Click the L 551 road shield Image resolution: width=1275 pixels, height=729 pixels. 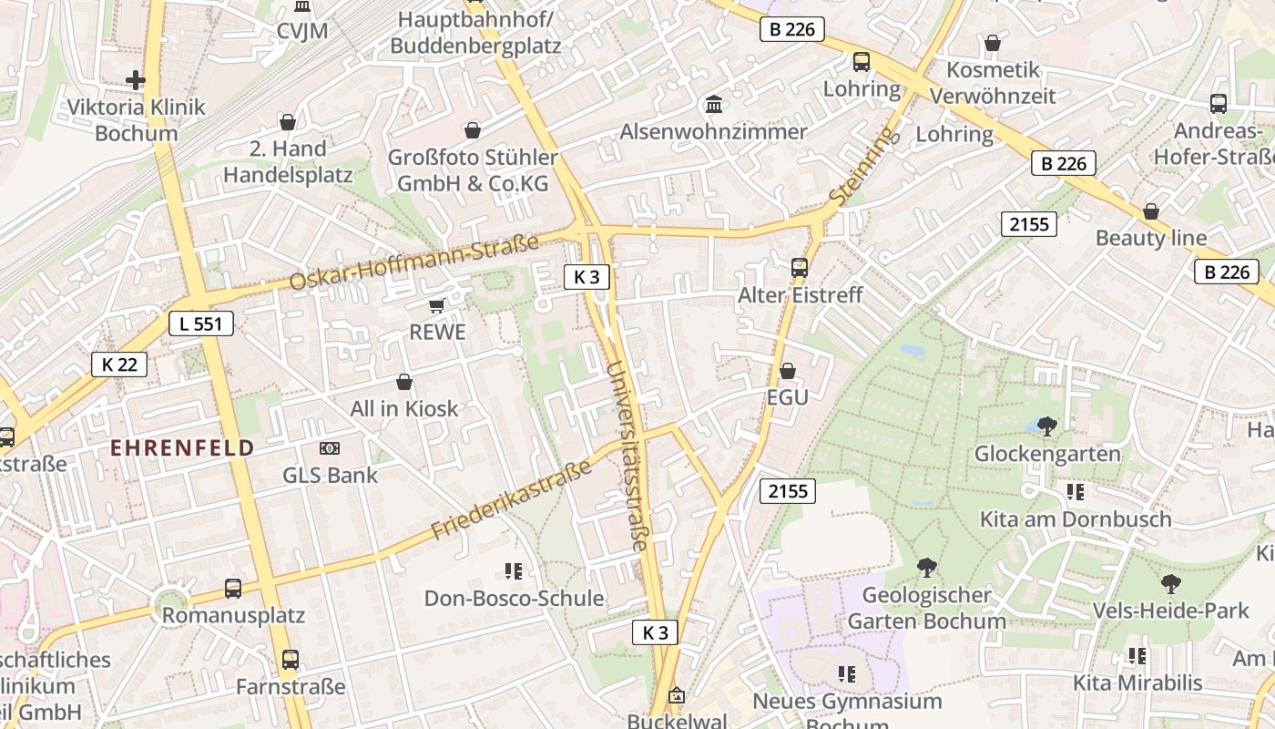(201, 323)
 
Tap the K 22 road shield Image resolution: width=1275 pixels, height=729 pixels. (119, 364)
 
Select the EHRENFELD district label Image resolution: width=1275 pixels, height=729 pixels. (182, 447)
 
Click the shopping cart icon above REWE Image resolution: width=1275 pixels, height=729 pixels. (437, 305)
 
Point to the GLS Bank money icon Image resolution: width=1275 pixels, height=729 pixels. (330, 448)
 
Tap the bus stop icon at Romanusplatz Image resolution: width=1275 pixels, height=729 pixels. (233, 589)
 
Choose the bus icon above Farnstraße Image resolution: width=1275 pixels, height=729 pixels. (291, 659)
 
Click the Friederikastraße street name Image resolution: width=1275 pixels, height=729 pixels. (512, 499)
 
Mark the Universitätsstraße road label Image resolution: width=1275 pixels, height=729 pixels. (627, 456)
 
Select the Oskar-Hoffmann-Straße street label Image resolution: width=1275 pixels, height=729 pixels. (413, 262)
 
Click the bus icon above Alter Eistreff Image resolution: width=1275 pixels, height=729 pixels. (800, 268)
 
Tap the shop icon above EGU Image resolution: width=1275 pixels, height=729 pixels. (788, 371)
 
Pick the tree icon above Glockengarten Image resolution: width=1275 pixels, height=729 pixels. (1047, 426)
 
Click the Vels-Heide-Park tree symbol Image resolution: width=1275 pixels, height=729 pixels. (1171, 583)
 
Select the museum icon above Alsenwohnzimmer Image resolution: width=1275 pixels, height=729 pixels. (714, 105)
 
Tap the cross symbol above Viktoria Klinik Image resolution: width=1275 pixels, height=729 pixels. (136, 80)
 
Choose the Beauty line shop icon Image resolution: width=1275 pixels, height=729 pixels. (1151, 211)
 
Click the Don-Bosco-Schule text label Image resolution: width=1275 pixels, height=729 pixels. (514, 599)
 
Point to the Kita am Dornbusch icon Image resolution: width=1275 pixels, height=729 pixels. (1075, 492)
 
